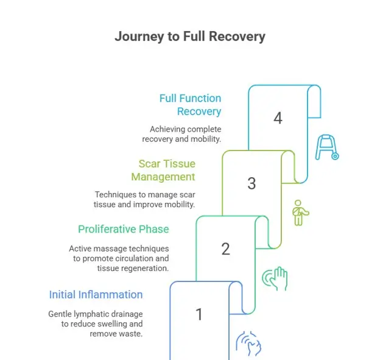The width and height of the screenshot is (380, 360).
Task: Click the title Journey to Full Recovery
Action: [x=189, y=37]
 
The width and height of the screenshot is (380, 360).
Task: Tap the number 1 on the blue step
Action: [x=199, y=314]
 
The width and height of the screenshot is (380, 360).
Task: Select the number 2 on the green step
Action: [x=225, y=249]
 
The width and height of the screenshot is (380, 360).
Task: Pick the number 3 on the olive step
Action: [x=252, y=183]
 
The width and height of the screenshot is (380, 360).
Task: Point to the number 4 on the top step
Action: [x=278, y=118]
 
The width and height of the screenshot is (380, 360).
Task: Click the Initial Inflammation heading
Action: [x=96, y=295]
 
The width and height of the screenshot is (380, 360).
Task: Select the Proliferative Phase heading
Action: [x=123, y=229]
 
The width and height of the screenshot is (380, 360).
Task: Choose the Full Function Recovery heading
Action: [x=190, y=105]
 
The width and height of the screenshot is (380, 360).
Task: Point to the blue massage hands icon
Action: [x=248, y=344]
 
